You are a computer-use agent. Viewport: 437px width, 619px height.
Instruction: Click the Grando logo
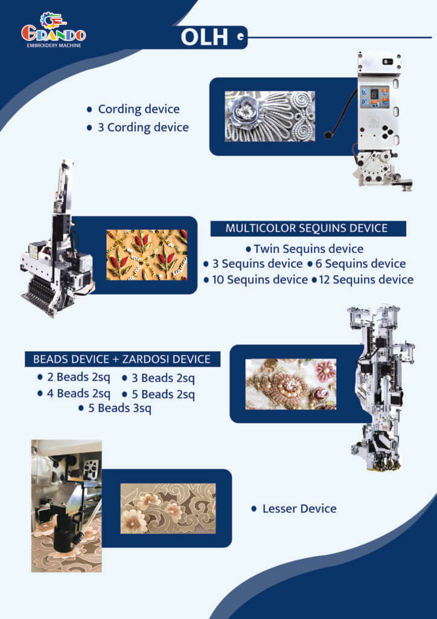coord(53,30)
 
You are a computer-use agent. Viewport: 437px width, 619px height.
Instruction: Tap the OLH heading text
coord(204,37)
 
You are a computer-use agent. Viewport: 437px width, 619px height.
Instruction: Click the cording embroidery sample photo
coord(270,117)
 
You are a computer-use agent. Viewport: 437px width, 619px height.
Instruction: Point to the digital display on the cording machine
coord(374,94)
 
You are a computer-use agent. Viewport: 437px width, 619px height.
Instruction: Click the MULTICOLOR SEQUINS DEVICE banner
coord(308,228)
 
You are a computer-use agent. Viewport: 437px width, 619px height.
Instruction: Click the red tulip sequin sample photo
coord(147,255)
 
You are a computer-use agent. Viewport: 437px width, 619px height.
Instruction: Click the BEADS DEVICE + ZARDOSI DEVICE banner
coord(122,359)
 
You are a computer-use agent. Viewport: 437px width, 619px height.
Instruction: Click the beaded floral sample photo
coord(291,384)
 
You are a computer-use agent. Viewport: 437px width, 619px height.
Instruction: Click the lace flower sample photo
coord(168,508)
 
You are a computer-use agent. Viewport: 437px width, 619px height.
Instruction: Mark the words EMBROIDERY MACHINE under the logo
coord(54,45)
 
